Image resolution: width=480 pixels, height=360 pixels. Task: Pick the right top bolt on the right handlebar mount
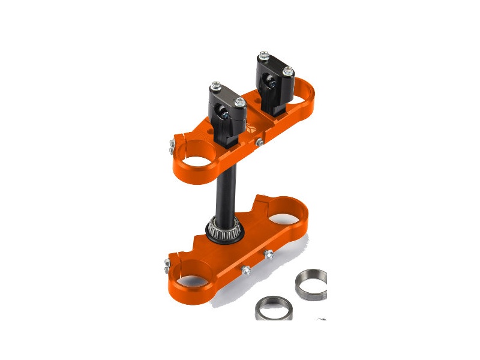[288, 71]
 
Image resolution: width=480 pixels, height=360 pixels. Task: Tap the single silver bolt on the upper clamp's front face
[259, 142]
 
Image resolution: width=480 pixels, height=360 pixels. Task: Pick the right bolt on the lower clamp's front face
[269, 254]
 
